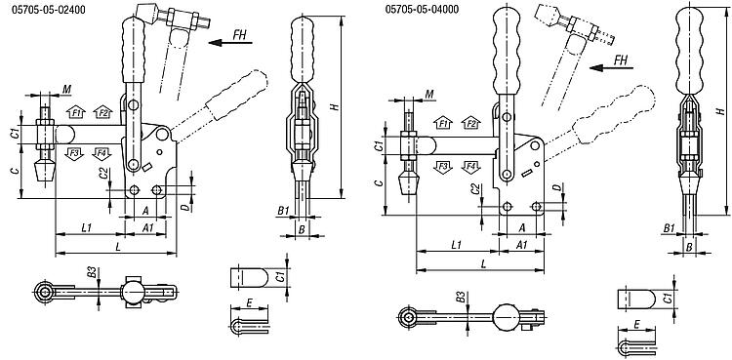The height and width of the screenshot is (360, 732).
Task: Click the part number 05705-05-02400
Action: pyautogui.click(x=49, y=10)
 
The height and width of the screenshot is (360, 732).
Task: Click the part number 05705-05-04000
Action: pyautogui.click(x=422, y=10)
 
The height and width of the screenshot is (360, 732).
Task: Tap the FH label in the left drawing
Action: pyautogui.click(x=240, y=34)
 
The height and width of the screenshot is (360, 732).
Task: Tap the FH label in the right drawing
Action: pyautogui.click(x=621, y=60)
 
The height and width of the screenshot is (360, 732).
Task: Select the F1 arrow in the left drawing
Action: pyautogui.click(x=75, y=112)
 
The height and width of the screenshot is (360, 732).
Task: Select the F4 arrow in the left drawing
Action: pyautogui.click(x=102, y=153)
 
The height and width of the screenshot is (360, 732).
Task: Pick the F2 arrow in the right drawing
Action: pyautogui.click(x=471, y=123)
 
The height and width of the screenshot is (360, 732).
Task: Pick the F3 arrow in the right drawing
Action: pyautogui.click(x=444, y=167)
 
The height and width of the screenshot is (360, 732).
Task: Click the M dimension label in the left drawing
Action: pyautogui.click(x=66, y=89)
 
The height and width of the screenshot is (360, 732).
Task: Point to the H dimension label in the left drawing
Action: pyautogui.click(x=334, y=107)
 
